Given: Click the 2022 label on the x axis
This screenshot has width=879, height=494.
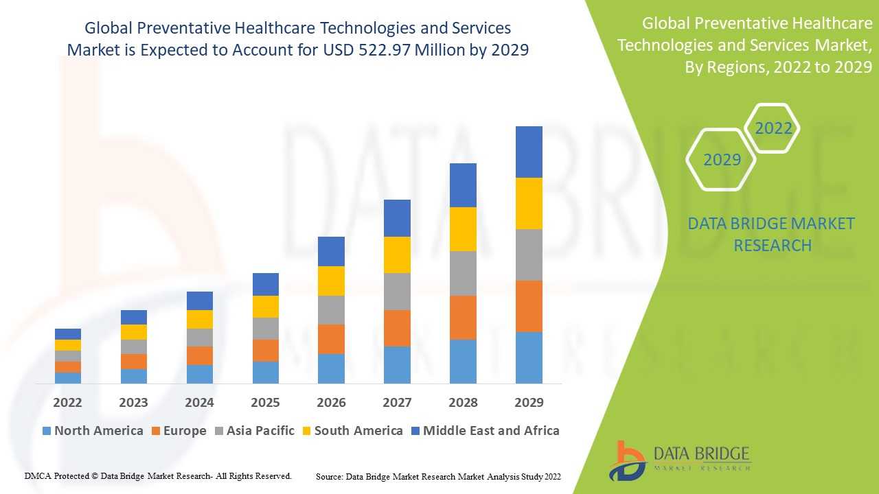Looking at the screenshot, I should (x=67, y=402).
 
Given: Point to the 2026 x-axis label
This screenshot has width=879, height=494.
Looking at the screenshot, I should (x=331, y=402).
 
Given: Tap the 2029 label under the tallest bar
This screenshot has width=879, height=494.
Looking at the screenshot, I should (x=529, y=402).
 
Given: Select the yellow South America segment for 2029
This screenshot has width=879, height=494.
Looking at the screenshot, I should (x=529, y=203).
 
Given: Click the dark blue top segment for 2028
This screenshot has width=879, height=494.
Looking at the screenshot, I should (x=463, y=185).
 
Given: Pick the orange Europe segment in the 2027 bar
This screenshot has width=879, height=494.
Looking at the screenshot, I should (x=397, y=328).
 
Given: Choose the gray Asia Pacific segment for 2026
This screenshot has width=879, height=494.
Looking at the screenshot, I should (x=331, y=310).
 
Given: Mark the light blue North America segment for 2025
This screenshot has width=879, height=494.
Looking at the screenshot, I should (x=265, y=372).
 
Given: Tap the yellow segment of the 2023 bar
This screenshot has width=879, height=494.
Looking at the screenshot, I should (x=133, y=332).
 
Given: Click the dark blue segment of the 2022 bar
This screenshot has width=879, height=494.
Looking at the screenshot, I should (x=67, y=334).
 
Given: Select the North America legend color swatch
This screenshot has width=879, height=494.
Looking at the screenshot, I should (x=47, y=431).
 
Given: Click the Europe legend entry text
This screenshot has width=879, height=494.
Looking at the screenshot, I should (x=185, y=431).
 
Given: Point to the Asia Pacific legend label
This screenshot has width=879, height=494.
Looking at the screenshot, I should (x=260, y=431).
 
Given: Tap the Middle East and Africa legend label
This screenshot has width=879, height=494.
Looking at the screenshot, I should (x=491, y=431).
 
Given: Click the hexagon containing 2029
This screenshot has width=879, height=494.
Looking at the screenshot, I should (x=722, y=159).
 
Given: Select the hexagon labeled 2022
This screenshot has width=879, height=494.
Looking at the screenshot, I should (x=773, y=128).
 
